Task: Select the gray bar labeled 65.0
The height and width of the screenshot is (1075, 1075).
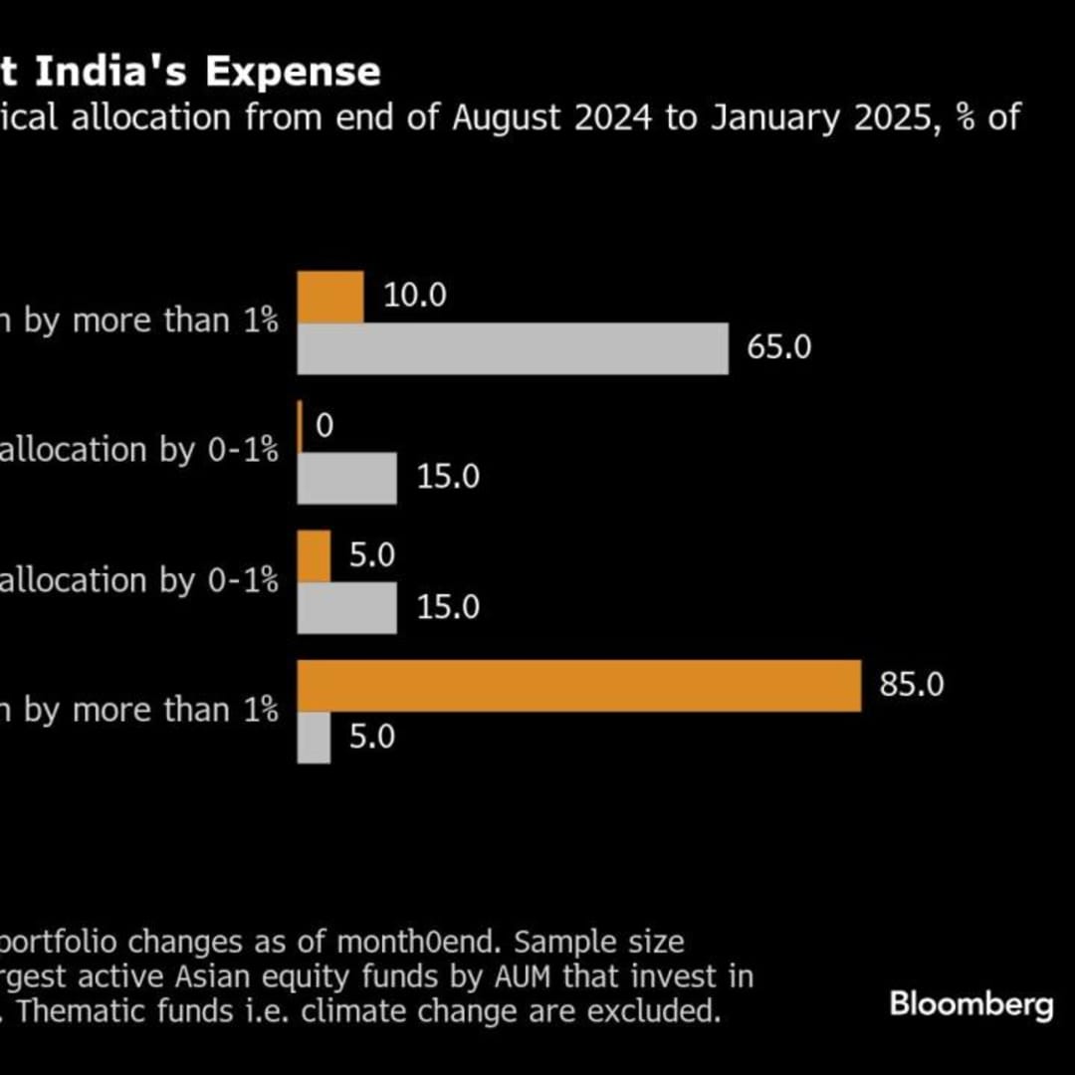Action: coord(514,348)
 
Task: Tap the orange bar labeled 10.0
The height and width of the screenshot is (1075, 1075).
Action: coord(331,297)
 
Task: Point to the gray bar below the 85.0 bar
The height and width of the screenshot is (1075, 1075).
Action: coord(315,738)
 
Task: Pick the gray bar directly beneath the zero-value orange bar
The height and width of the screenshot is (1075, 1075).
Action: coord(347,478)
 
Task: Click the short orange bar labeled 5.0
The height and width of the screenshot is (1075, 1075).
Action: coord(315,556)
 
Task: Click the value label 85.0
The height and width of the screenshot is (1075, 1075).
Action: coord(912,686)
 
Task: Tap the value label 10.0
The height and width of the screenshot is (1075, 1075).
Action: coord(415,296)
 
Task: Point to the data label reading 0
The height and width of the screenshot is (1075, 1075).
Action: coord(324,426)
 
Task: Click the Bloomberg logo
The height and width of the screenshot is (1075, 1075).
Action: coord(970,1003)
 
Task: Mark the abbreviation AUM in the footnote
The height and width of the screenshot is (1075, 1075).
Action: coord(522,977)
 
